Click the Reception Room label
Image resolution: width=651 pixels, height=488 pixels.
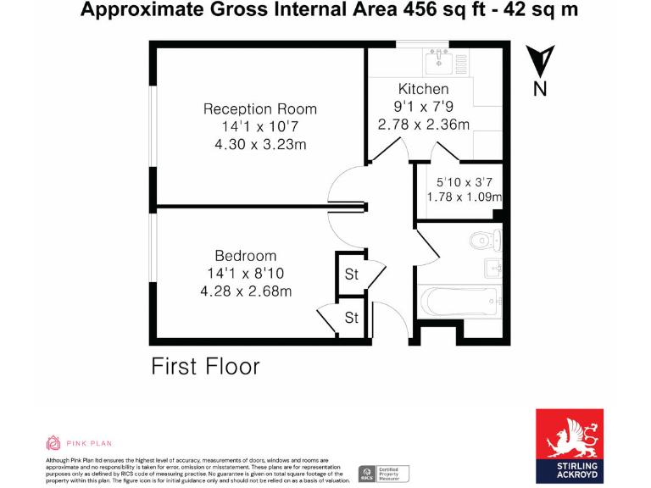tap(259, 109)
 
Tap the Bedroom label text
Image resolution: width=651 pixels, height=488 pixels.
tap(245, 256)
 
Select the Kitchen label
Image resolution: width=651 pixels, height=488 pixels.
tap(423, 89)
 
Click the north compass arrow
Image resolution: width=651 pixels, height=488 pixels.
tap(540, 63)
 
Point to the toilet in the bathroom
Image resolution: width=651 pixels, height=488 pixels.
tap(486, 241)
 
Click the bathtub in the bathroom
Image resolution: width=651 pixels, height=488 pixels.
tap(459, 301)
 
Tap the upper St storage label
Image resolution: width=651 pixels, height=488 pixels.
tap(351, 274)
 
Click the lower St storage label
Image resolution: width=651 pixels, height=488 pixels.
tap(351, 318)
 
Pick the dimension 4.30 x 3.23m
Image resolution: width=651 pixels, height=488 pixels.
tap(259, 144)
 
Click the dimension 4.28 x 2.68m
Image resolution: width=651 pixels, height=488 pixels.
tap(245, 291)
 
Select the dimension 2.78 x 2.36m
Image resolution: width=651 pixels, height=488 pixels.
tap(423, 124)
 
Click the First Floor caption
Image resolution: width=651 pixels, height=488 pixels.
tap(205, 366)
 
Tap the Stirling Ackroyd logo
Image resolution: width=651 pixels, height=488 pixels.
tap(569, 446)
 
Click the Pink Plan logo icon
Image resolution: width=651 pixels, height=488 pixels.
tap(53, 442)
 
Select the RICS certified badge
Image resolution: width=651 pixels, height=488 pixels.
tap(383, 473)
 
